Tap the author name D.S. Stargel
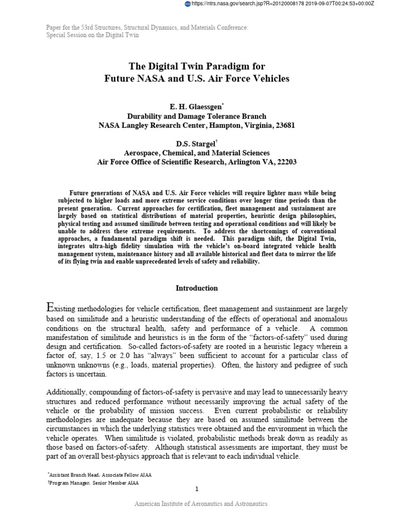pos(194,144)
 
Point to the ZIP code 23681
pos(285,126)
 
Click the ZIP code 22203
pos(285,162)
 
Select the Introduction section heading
pos(197,288)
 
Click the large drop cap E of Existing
pos(50,308)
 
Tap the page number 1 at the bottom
pos(196,489)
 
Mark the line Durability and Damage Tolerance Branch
pos(197,116)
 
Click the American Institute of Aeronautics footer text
pos(201,504)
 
